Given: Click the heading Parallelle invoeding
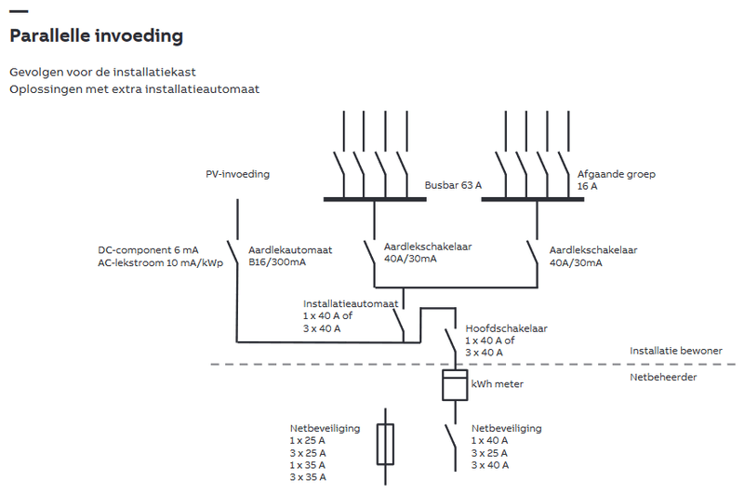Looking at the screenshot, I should click(95, 36).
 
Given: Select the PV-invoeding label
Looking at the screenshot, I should click(238, 173).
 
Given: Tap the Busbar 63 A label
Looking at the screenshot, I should click(453, 185).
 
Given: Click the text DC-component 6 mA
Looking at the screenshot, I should click(148, 250).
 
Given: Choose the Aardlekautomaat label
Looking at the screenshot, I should click(290, 250).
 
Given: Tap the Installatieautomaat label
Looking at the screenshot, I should click(351, 303).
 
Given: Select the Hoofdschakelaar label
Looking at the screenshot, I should click(506, 328).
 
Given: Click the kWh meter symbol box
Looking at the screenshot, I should click(453, 384).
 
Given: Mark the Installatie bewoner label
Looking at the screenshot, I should click(675, 351).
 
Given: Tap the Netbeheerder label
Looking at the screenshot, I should click(662, 378).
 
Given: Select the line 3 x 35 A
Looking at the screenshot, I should click(308, 477).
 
